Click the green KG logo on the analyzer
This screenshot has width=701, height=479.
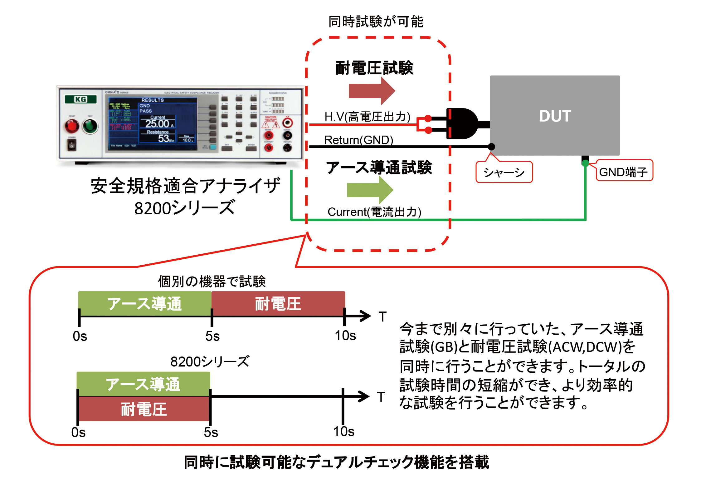[80, 99]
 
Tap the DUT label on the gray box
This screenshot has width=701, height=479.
[555, 116]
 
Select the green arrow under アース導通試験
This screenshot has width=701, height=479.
[370, 190]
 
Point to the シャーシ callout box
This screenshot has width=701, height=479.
[504, 172]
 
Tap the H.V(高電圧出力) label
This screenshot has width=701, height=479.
[367, 117]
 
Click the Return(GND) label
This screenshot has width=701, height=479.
[358, 140]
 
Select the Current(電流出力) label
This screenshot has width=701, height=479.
[374, 212]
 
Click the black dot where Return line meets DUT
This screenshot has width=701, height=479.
[491, 147]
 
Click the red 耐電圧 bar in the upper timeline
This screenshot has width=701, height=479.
[278, 304]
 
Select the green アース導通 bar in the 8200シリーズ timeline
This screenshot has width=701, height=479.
[143, 384]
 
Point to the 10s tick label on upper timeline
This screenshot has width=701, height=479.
[345, 336]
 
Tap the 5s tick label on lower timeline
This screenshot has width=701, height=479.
[211, 432]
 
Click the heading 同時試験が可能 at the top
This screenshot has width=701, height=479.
[376, 22]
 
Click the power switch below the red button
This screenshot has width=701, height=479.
[72, 145]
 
